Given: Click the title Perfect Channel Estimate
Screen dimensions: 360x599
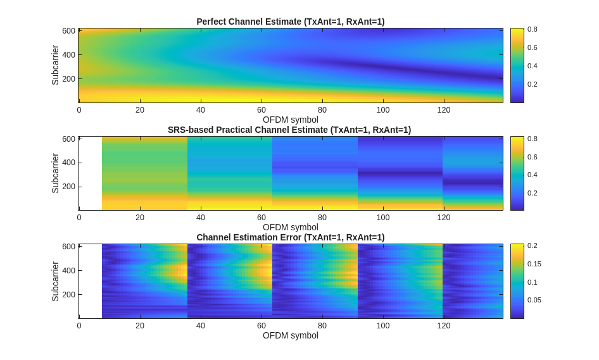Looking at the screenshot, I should (290, 22).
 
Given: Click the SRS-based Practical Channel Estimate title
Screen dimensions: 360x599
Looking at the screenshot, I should (289, 130).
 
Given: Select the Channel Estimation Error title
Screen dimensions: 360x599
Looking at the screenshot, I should (290, 237).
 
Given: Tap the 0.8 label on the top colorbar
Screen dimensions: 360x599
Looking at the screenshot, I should (532, 29).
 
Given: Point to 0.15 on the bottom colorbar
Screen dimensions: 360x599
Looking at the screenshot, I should (534, 264).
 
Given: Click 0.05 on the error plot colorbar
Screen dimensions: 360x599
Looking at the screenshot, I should (534, 300).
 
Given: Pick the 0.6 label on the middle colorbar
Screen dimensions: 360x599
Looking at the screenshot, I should (532, 157).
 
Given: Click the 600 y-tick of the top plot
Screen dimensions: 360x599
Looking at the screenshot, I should (68, 31).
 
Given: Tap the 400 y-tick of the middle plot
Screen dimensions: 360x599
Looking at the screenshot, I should (68, 163).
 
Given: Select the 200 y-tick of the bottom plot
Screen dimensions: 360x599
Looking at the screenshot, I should (68, 294).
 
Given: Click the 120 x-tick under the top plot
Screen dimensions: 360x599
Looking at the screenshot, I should (444, 109).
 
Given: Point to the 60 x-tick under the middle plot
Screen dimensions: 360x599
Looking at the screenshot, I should (262, 218).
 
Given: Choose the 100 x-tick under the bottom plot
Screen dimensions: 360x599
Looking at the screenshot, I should (383, 325).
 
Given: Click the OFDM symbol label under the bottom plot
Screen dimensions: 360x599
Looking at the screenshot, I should (291, 335).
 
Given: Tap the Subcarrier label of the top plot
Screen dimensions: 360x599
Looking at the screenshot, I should (55, 65).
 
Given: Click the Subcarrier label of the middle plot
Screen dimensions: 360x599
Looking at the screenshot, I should (55, 173).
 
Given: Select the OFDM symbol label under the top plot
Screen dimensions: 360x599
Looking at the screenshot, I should (291, 120).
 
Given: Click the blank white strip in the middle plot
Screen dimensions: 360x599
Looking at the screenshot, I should (91, 173).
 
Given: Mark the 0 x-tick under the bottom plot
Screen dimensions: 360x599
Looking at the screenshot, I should (79, 325).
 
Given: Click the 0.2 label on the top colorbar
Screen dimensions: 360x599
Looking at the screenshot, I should (532, 84).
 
